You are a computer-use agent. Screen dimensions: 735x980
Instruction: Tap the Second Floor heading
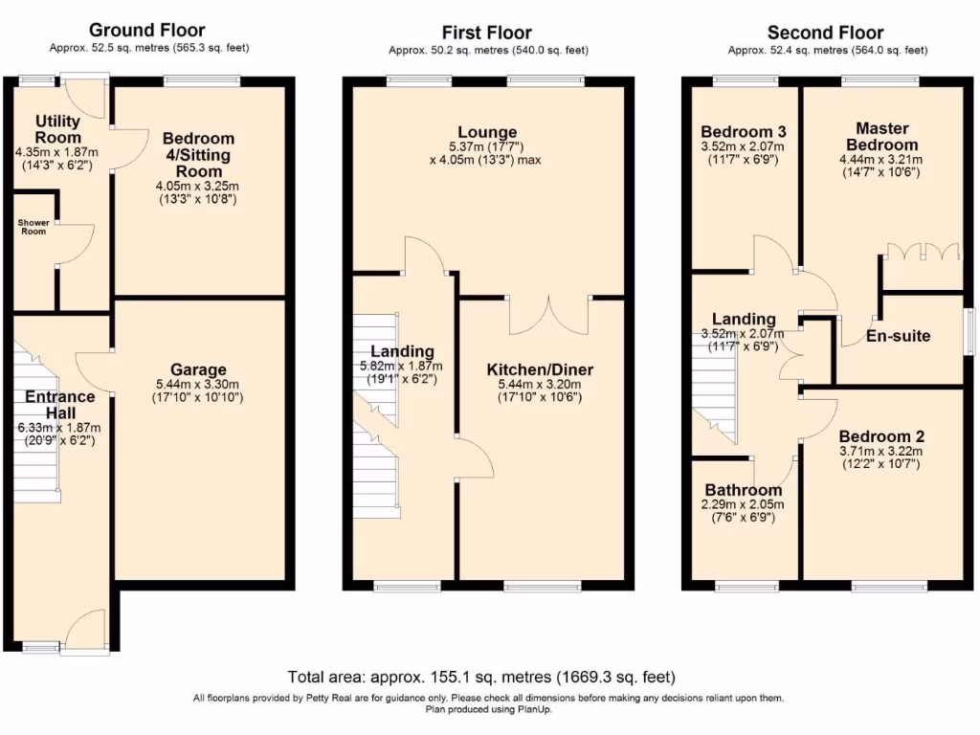point(826,33)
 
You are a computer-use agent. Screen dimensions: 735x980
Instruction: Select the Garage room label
point(198,369)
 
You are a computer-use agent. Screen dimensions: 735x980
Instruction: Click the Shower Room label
point(33,227)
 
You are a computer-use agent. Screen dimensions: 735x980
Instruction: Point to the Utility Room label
point(58,129)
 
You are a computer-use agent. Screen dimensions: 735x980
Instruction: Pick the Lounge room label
point(487,132)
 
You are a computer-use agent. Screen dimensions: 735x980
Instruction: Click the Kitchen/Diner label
point(540,369)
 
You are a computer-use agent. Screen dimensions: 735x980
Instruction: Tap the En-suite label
point(898,336)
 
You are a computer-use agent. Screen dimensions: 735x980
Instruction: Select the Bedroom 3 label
point(744,132)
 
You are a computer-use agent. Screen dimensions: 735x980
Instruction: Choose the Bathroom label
point(744,490)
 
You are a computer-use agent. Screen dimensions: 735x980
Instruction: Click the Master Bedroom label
point(881,136)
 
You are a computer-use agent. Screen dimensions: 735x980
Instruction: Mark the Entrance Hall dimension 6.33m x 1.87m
point(59,428)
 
